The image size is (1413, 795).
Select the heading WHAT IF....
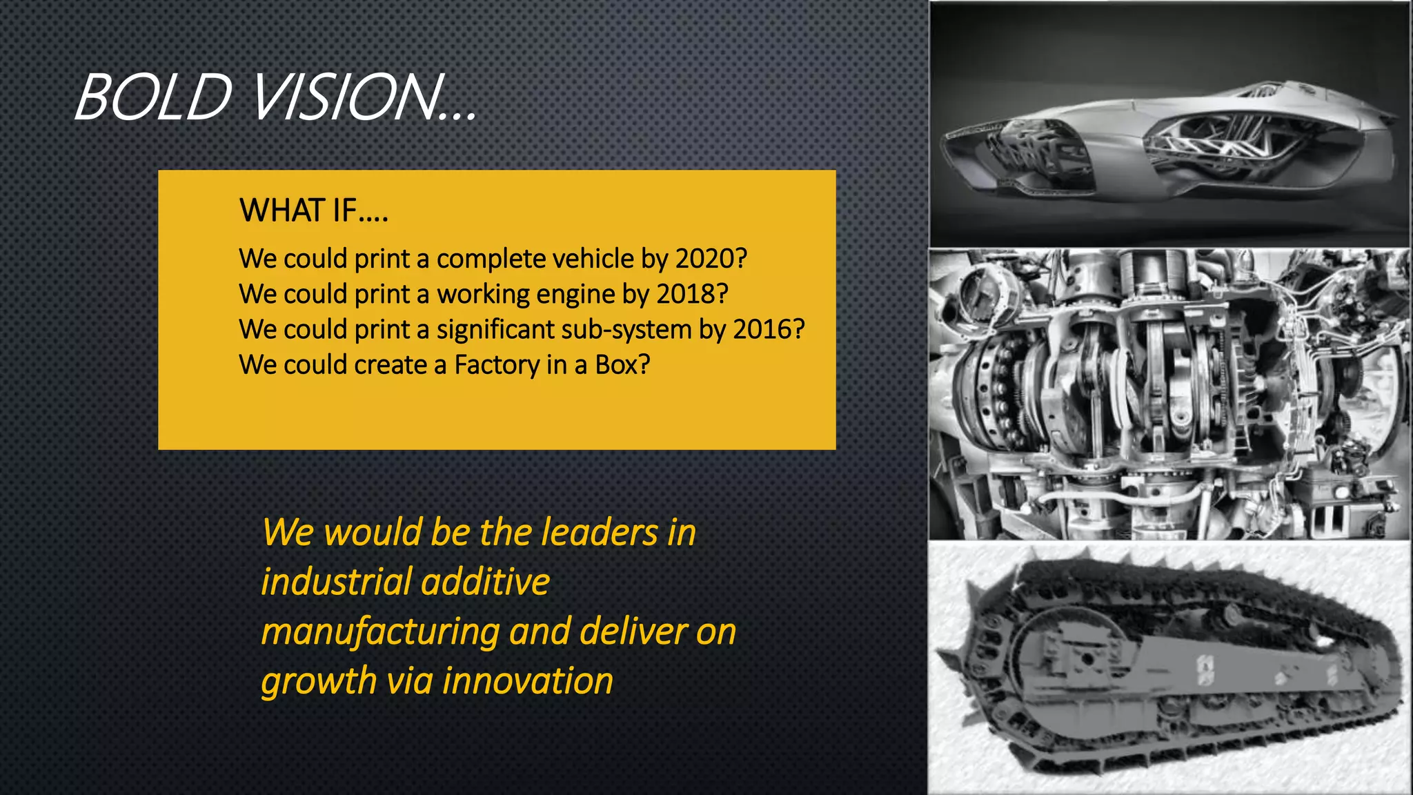(x=313, y=210)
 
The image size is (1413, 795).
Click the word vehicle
(x=593, y=259)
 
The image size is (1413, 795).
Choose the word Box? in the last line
(x=622, y=365)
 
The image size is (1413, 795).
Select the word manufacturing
(x=380, y=632)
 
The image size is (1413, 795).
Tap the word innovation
(x=528, y=681)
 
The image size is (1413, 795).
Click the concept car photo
(x=1169, y=124)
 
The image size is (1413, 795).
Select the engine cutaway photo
(x=1169, y=394)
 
